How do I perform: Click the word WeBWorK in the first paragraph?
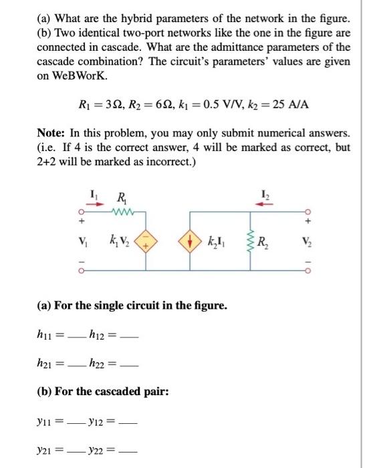[x=69, y=76]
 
